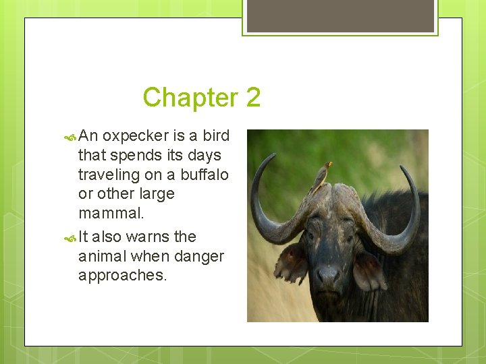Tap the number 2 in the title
point(253,98)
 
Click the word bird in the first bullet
point(216,136)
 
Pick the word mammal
point(111,214)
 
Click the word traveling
point(109,175)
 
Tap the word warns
point(148,237)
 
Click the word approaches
point(122,276)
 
